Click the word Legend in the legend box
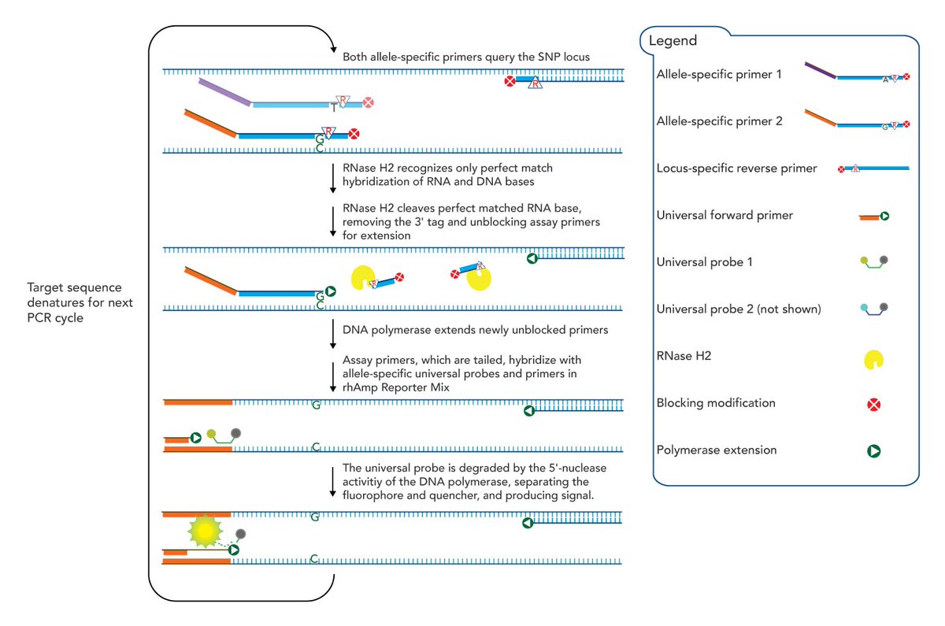[673, 41]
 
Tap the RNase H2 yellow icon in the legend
[873, 360]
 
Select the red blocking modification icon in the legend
[873, 405]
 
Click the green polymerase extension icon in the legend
[873, 451]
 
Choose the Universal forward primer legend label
[724, 216]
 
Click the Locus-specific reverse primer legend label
[736, 169]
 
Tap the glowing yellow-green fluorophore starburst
[205, 531]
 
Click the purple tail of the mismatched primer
[225, 91]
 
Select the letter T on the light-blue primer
[334, 109]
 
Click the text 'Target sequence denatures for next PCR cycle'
[80, 302]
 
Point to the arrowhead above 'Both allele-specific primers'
[334, 50]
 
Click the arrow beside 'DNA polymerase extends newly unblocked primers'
[333, 334]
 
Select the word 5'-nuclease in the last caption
[578, 469]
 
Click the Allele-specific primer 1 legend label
[719, 75]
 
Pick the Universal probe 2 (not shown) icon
[873, 309]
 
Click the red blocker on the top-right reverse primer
[510, 81]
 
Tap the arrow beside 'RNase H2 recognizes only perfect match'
[333, 179]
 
